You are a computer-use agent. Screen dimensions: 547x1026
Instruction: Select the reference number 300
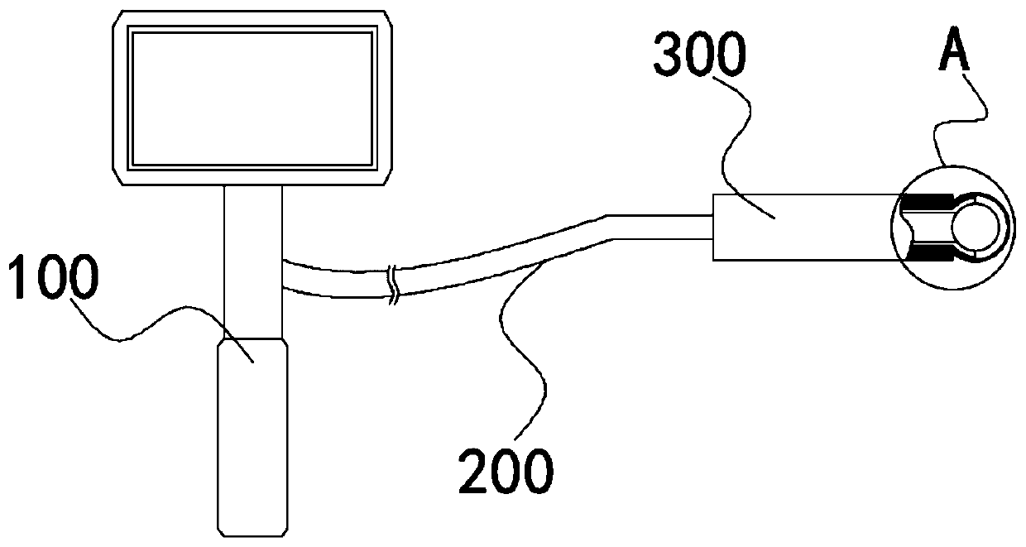point(699,55)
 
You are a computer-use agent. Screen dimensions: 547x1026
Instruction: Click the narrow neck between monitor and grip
point(252,257)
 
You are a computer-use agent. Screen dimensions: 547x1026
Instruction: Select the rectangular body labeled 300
point(794,227)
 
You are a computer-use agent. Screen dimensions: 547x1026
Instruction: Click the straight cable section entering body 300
point(662,227)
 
